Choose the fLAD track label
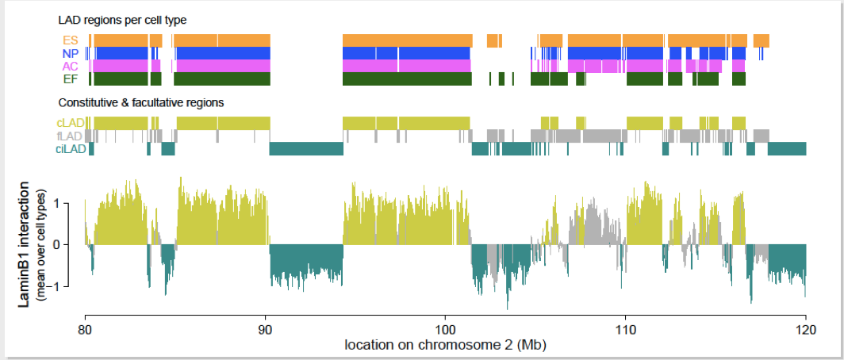tap(70, 136)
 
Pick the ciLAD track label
tap(68, 148)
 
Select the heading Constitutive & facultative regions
tap(141, 102)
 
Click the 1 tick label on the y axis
tap(67, 203)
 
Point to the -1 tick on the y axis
tap(66, 286)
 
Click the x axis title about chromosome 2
tap(445, 345)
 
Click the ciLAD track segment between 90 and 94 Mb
tap(306, 149)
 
